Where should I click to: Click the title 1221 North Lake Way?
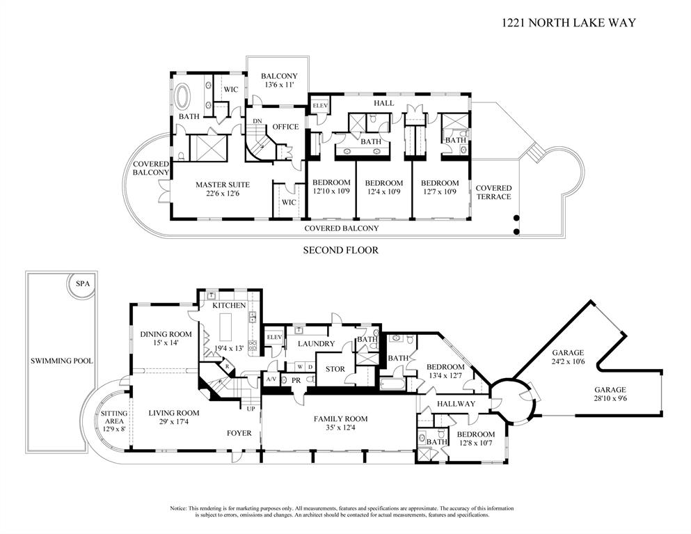click(x=569, y=22)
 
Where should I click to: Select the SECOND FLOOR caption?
click(x=340, y=250)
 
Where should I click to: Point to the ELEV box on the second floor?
click(x=320, y=105)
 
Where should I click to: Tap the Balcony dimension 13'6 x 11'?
click(x=279, y=85)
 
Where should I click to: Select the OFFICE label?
click(x=285, y=127)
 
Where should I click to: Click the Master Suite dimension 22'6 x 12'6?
click(x=222, y=194)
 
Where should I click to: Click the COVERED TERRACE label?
click(x=493, y=192)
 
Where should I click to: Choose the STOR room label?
click(x=335, y=369)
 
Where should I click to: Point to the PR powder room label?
click(x=295, y=380)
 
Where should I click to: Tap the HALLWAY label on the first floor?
click(x=456, y=404)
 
